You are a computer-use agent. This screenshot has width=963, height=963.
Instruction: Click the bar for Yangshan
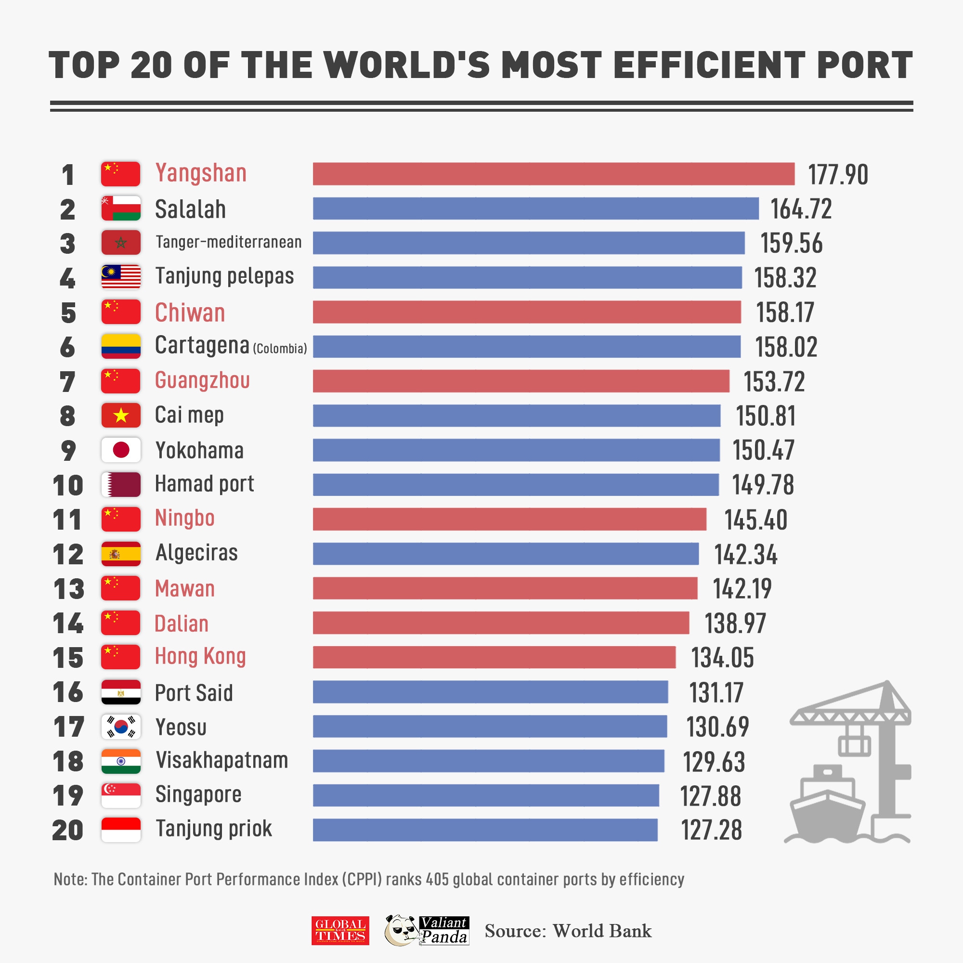(x=553, y=174)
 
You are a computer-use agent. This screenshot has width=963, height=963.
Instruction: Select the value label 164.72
(x=801, y=209)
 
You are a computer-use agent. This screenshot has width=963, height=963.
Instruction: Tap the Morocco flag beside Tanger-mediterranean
(x=121, y=243)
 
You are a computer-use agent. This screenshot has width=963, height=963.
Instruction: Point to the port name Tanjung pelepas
(x=224, y=276)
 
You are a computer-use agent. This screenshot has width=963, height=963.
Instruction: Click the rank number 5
(x=68, y=313)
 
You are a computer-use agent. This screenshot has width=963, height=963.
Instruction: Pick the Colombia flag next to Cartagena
(x=121, y=346)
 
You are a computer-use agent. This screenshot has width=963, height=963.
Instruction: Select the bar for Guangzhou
(x=521, y=381)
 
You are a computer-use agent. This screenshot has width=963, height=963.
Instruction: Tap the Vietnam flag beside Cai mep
(x=121, y=416)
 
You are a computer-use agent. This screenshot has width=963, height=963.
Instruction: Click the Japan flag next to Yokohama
(x=121, y=450)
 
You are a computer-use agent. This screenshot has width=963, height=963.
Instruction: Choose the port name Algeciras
(x=196, y=553)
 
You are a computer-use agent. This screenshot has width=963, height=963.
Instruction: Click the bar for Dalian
(x=501, y=623)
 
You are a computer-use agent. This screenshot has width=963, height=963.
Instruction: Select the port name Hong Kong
(x=200, y=656)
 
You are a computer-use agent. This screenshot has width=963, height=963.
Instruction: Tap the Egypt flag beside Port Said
(x=121, y=692)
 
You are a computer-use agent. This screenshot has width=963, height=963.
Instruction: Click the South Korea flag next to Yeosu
(x=121, y=727)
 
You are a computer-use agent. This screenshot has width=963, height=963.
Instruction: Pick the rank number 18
(x=68, y=761)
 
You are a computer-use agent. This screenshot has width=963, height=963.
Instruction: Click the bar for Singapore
(x=486, y=795)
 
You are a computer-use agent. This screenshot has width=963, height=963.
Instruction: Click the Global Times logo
(x=340, y=931)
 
